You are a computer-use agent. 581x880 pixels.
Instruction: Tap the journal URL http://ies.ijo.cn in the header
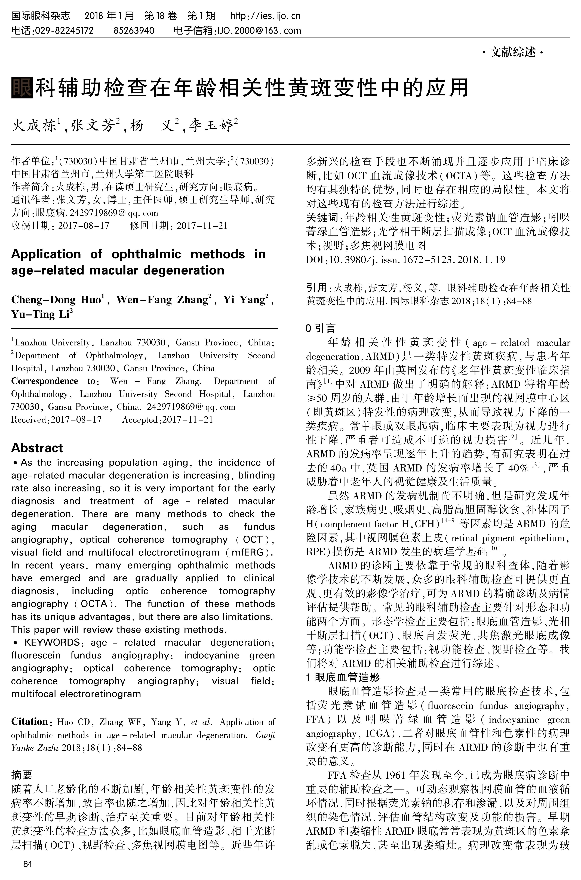[x=265, y=16]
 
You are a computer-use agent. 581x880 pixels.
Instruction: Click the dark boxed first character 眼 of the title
[x=22, y=88]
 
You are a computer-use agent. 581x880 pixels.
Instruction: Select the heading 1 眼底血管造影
[x=343, y=677]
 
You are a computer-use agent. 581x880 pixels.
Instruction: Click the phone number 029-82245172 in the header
[x=64, y=31]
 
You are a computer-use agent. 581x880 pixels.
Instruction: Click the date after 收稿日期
[x=84, y=226]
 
